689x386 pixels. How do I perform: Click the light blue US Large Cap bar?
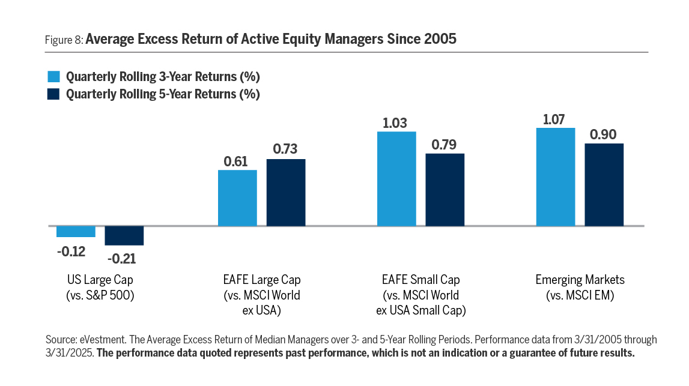[76, 232]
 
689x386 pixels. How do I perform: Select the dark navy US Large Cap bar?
[124, 236]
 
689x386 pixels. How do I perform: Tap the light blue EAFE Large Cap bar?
[237, 198]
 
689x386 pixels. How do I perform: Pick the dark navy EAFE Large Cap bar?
[286, 193]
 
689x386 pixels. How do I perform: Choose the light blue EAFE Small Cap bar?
[396, 179]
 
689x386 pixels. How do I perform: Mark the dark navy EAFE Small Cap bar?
[445, 190]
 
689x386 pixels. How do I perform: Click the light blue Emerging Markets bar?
[556, 177]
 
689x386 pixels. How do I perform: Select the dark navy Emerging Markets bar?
[604, 185]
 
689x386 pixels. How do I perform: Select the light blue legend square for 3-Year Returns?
[53, 77]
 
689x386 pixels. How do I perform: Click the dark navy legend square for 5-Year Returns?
[53, 94]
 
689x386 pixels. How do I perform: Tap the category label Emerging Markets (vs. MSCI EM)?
[580, 287]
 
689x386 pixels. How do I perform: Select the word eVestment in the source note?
[96, 340]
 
